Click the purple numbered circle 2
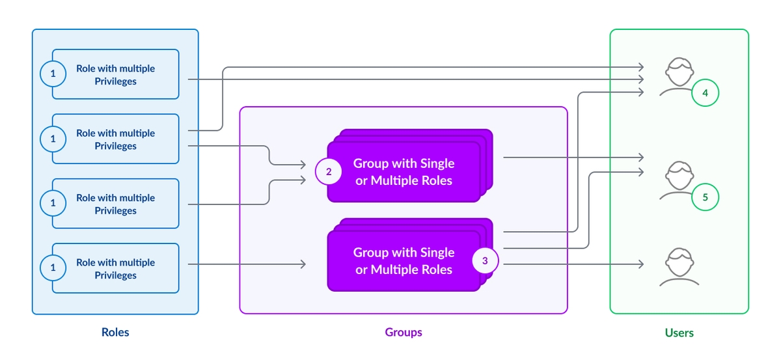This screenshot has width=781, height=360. (329, 172)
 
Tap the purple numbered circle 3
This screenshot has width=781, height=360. (485, 261)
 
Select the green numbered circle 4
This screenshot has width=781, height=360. (705, 93)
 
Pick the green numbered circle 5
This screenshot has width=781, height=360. (705, 196)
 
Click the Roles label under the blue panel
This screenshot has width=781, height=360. (115, 332)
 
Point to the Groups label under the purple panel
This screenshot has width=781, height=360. (403, 332)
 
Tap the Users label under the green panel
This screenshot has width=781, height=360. (679, 333)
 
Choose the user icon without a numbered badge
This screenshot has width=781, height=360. (679, 267)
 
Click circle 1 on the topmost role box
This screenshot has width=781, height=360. (53, 74)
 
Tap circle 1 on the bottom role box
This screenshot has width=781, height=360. (53, 268)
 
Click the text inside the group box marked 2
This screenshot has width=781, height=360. (404, 172)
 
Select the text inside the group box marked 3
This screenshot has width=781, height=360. (404, 261)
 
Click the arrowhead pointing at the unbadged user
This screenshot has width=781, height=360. (641, 264)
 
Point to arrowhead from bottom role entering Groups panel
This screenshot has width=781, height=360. (303, 264)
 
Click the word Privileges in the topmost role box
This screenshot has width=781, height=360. (115, 81)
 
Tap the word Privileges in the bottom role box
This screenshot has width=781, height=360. (115, 275)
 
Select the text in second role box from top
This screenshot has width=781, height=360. (115, 139)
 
